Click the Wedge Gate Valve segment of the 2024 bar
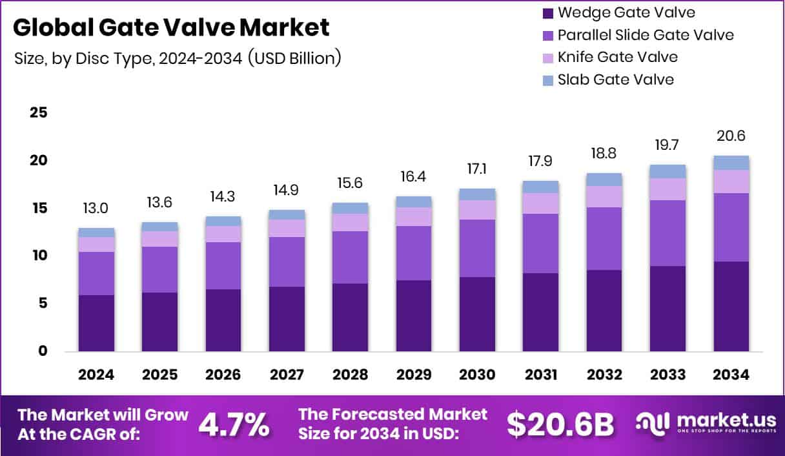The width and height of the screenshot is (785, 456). pos(96,323)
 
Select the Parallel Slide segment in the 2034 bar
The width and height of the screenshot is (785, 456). pos(731,227)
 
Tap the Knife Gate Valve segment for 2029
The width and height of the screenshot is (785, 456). pos(414,216)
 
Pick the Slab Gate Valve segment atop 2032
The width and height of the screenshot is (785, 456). pos(604,180)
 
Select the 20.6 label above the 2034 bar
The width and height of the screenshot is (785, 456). pos(731,136)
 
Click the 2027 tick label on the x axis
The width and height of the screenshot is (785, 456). pos(287,375)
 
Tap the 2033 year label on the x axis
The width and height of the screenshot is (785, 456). pos(668,375)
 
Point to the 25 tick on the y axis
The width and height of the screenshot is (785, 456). pos(39,112)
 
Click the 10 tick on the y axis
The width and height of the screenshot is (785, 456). pos(39,256)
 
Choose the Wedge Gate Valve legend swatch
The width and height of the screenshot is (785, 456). pos(547,12)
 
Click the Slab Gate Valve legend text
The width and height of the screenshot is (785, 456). pos(615,79)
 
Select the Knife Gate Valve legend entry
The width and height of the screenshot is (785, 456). pos(617,57)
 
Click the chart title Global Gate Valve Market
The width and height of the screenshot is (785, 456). pos(171,27)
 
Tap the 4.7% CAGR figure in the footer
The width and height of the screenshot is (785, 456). pos(234,424)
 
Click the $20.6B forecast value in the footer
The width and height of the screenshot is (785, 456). pos(559,424)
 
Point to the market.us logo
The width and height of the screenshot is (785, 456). pos(704,423)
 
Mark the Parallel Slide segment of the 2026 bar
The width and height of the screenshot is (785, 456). pos(223,265)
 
